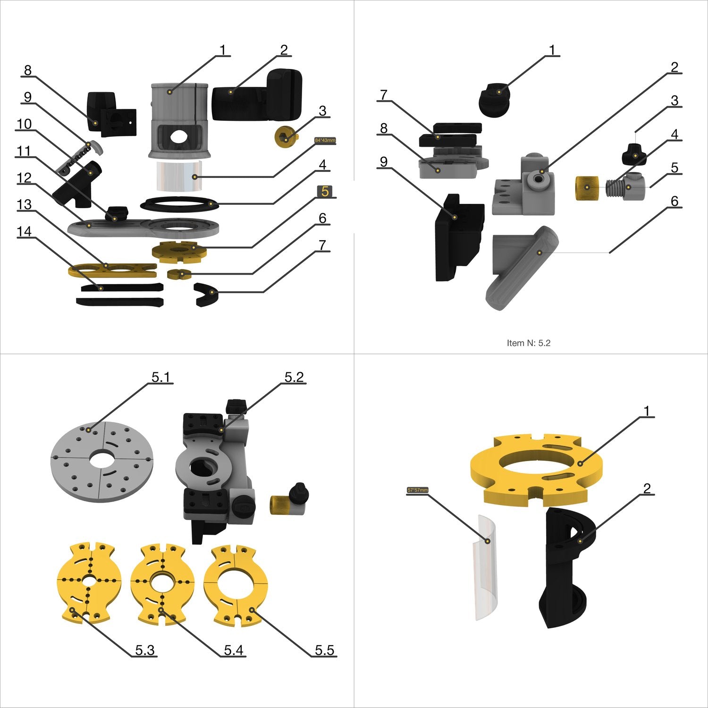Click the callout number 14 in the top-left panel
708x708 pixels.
click(24, 232)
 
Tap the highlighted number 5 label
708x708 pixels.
click(325, 191)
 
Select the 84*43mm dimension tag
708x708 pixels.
click(325, 140)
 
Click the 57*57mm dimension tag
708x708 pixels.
click(417, 490)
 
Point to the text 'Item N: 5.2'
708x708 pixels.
click(528, 343)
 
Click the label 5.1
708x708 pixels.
click(160, 377)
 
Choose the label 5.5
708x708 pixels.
click(324, 650)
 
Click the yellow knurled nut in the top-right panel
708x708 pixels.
click(587, 188)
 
